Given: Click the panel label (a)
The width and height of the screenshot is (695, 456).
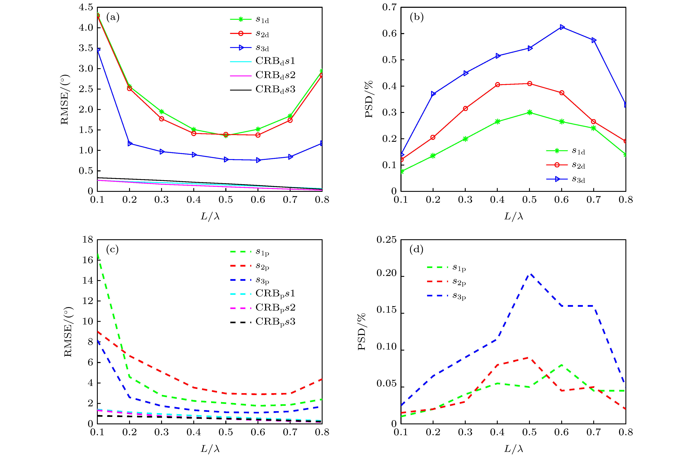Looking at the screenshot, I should [113, 17].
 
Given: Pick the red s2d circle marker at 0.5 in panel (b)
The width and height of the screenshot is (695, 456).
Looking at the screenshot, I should [529, 84].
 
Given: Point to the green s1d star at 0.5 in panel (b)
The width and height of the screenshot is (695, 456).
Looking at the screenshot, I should [529, 113].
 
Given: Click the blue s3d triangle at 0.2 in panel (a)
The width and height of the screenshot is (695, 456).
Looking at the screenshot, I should [130, 144].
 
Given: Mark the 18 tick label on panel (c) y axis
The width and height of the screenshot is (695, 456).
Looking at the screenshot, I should [88, 240].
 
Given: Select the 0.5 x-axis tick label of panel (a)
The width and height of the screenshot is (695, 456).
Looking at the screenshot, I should [226, 200].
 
